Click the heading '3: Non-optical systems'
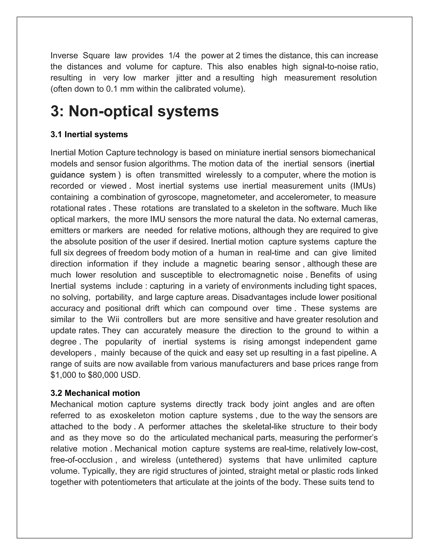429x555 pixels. [x=134, y=111]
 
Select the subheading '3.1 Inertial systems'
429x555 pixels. [x=89, y=134]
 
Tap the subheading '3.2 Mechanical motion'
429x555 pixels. [x=95, y=393]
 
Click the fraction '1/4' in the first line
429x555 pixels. [x=174, y=55]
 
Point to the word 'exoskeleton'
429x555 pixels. [x=132, y=416]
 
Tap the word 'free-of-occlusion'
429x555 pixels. [x=81, y=460]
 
